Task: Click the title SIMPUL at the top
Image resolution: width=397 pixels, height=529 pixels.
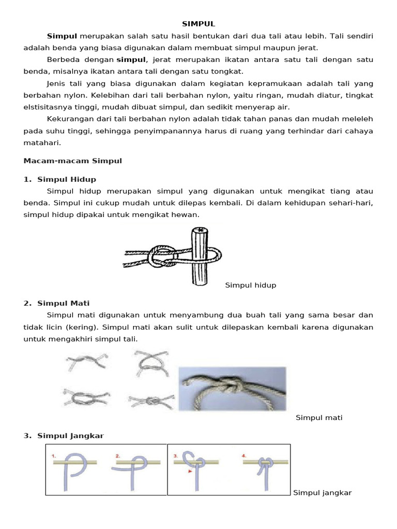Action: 198,24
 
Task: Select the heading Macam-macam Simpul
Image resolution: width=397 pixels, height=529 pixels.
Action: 73,161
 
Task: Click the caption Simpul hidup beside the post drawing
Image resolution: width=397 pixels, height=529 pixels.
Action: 251,285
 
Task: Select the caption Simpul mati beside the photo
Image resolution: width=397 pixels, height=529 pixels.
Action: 319,417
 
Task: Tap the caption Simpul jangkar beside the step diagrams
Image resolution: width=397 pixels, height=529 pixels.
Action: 322,493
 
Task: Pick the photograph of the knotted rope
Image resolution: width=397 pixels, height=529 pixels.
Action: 232,388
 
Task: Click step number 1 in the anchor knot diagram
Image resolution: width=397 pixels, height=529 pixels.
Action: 54,456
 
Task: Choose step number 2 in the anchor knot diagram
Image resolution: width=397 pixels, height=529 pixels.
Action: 118,456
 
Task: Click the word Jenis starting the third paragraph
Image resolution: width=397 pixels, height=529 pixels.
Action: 57,83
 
